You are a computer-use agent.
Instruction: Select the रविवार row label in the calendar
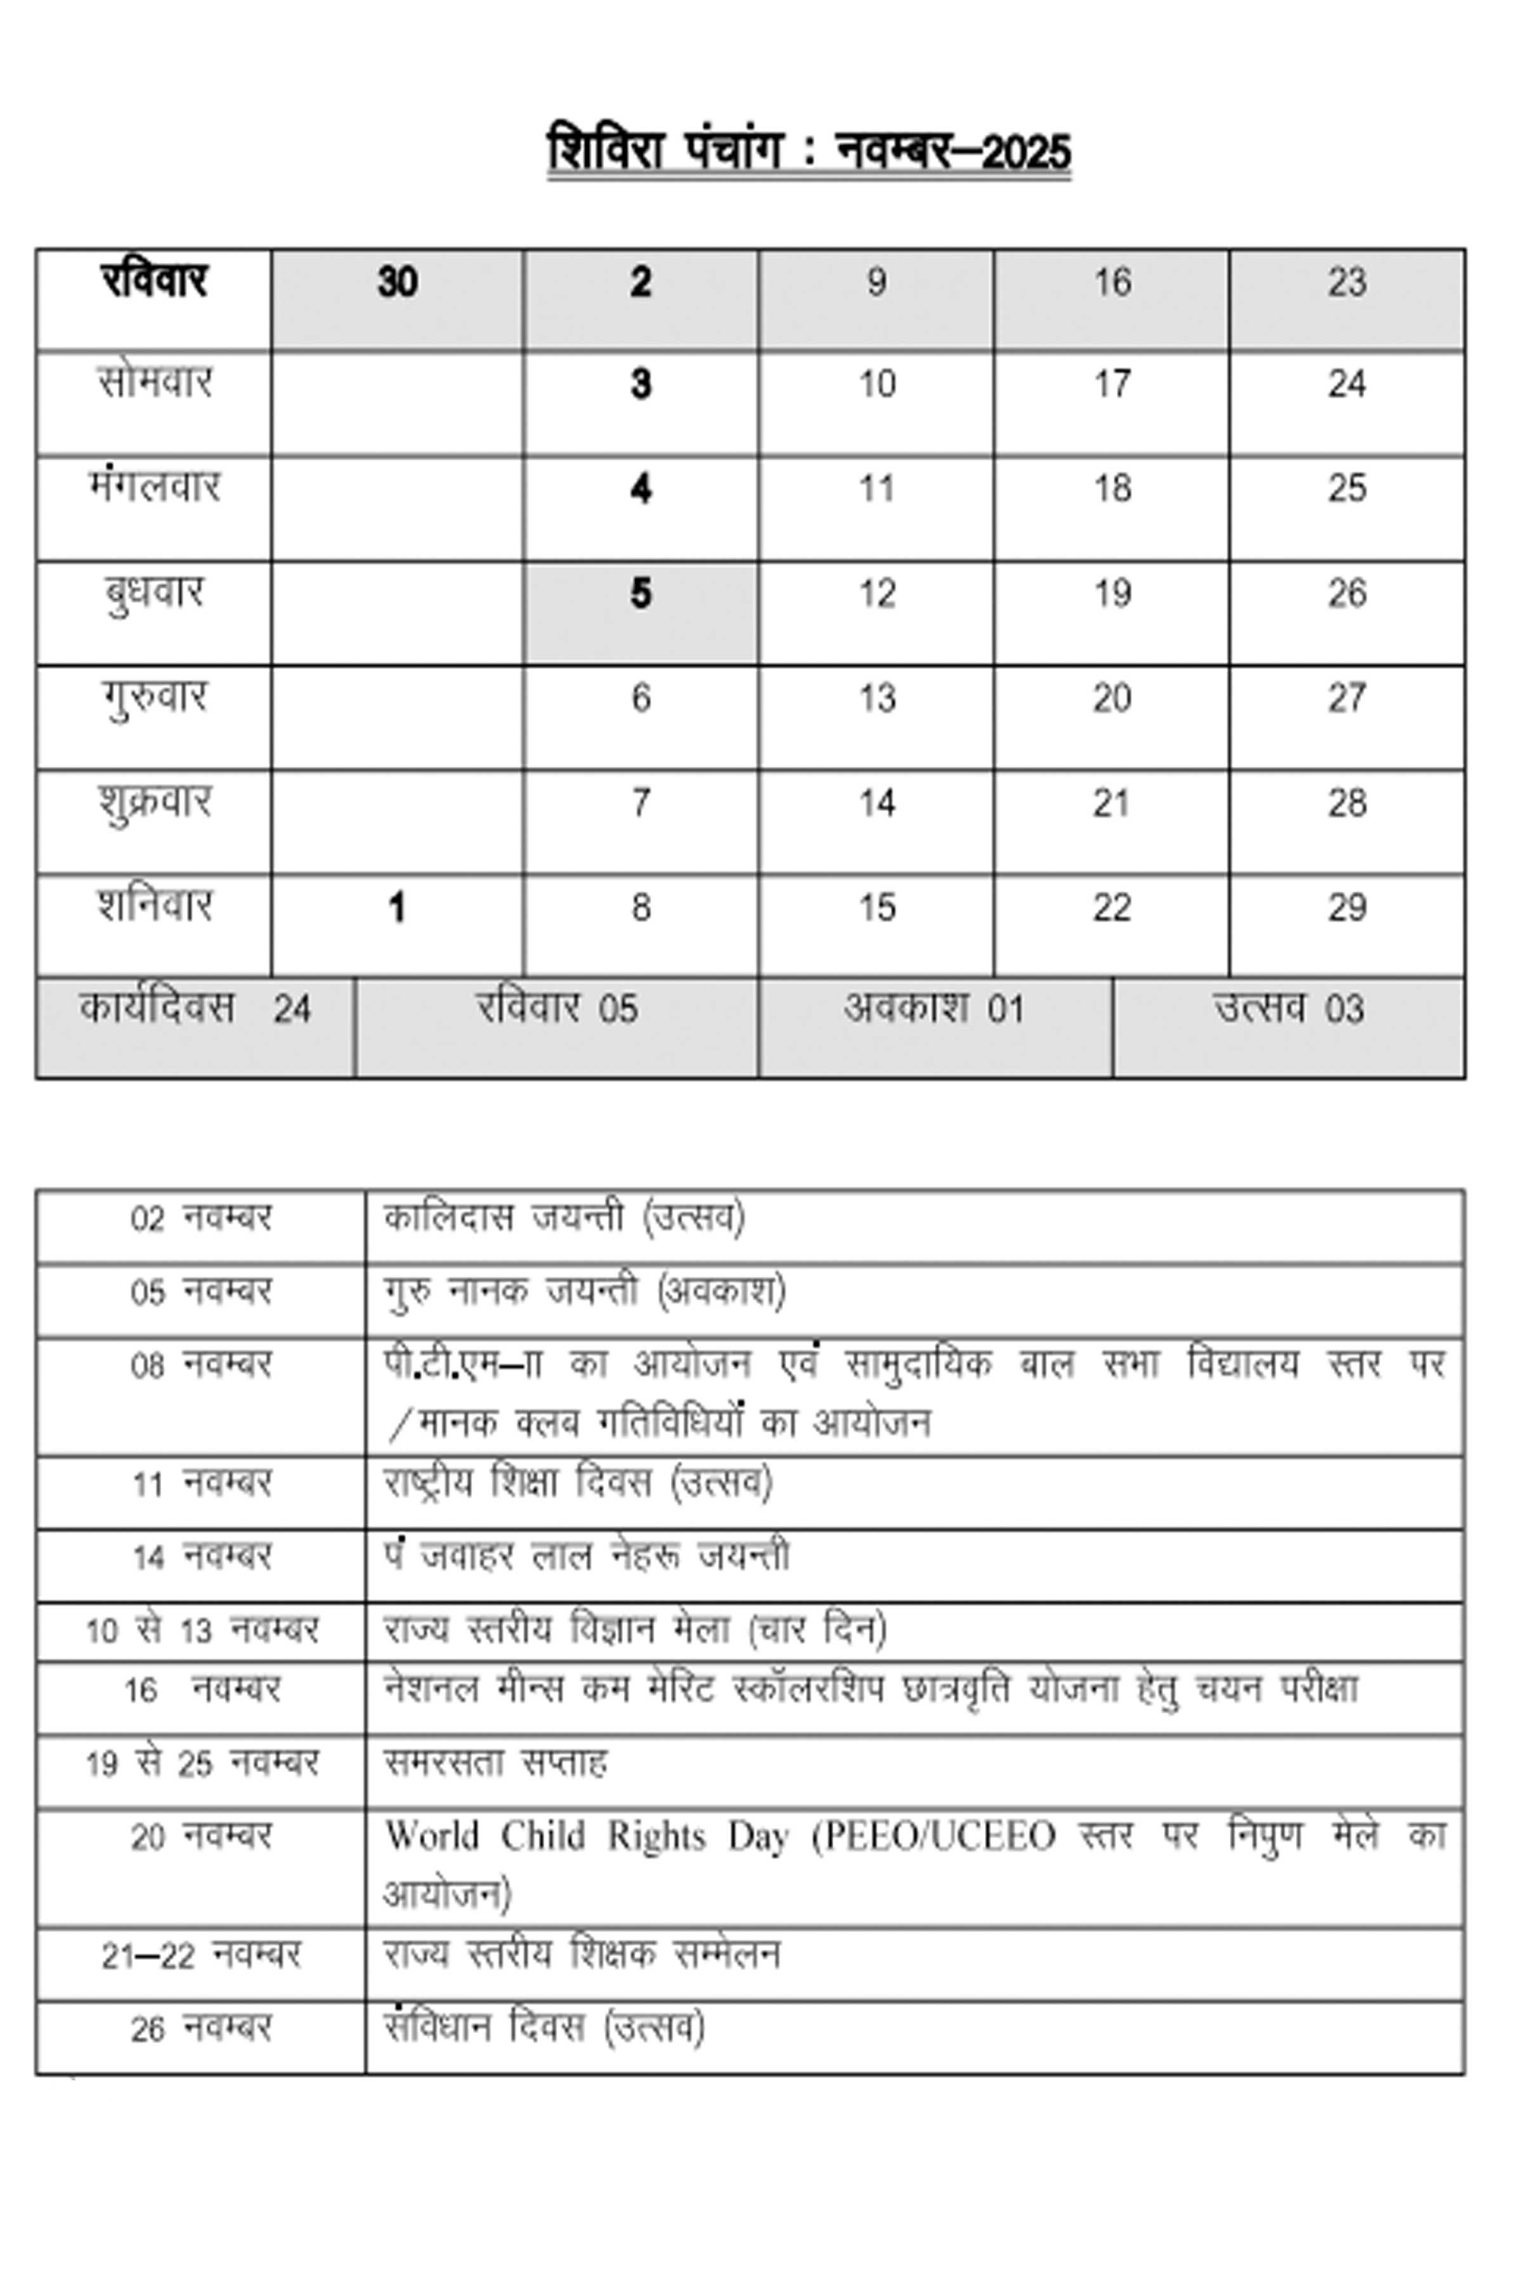click(x=154, y=282)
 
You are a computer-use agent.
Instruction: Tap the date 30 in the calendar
click(x=397, y=282)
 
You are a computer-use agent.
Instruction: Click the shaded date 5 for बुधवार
click(x=640, y=593)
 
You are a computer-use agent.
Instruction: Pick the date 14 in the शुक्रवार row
click(x=876, y=804)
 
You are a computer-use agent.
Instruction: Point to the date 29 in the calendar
click(x=1346, y=908)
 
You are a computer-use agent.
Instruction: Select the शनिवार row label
click(x=154, y=906)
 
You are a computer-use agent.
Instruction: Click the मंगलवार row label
click(x=154, y=487)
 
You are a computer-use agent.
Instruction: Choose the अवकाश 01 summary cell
click(x=933, y=1009)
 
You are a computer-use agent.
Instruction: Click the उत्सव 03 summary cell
click(x=1288, y=1009)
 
